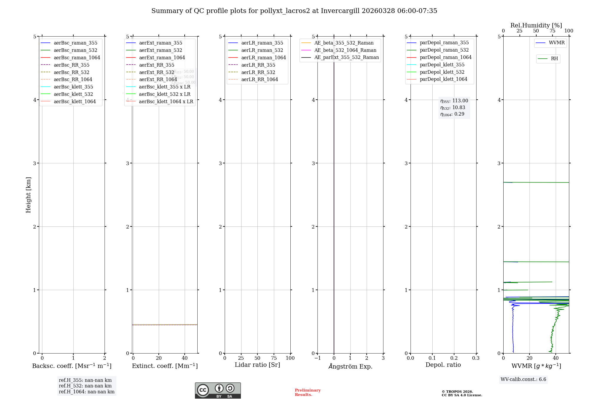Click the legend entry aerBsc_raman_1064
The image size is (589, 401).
click(77, 57)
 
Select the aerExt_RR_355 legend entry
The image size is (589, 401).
click(157, 65)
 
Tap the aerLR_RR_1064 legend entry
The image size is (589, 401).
click(259, 79)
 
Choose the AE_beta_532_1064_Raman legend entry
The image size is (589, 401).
click(345, 50)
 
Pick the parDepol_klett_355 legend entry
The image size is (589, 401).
click(442, 65)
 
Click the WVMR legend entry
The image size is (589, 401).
click(557, 43)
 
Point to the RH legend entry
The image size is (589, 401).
click(554, 59)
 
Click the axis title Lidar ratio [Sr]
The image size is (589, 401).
click(257, 365)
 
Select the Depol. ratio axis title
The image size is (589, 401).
click(443, 365)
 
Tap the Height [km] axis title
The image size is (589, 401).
click(28, 195)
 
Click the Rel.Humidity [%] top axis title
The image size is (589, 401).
click(536, 25)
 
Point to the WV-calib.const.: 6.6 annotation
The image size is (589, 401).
click(523, 379)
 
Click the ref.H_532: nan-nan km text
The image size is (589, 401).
click(85, 386)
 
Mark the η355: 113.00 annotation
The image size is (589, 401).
click(454, 101)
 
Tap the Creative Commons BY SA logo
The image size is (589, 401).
click(218, 390)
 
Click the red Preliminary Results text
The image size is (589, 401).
click(307, 392)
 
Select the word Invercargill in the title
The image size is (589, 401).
click(340, 11)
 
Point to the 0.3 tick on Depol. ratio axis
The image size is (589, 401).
click(476, 358)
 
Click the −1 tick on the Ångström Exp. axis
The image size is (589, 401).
click(317, 358)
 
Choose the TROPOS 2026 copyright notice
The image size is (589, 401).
click(461, 393)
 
